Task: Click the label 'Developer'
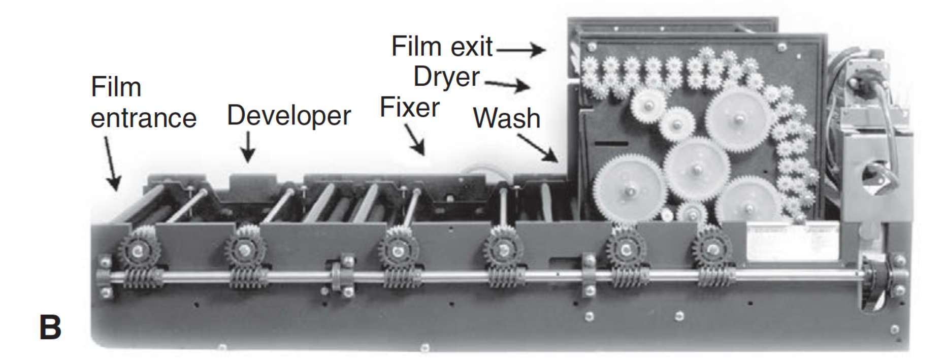tap(288, 116)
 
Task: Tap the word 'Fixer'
tap(410, 107)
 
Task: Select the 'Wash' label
tap(506, 118)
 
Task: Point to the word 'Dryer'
tap(446, 78)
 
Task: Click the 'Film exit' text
tap(442, 47)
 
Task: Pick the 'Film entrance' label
tap(143, 103)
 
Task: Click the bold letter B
tap(50, 328)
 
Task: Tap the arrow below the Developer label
tap(248, 147)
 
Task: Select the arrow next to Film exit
tap(520, 50)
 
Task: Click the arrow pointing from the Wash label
tap(538, 147)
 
